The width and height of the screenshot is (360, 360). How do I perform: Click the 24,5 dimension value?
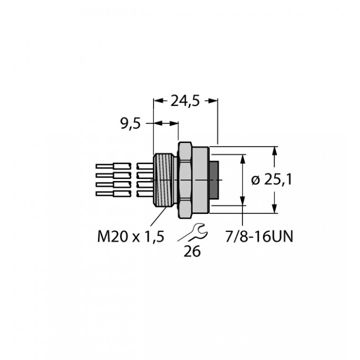tap(185, 101)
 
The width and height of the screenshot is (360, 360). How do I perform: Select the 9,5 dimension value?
tap(130, 124)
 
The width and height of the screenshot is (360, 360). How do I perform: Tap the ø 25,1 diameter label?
tap(272, 179)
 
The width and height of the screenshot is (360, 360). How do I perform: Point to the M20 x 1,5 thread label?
tap(131, 237)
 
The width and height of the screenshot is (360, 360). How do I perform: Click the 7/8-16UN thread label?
tap(259, 237)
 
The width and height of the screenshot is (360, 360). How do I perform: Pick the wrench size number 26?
tap(192, 251)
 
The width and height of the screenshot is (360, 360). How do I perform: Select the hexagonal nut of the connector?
tap(185, 180)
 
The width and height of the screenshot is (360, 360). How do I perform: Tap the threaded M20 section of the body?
tap(163, 180)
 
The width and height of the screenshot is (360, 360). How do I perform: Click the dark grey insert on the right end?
tap(214, 180)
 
